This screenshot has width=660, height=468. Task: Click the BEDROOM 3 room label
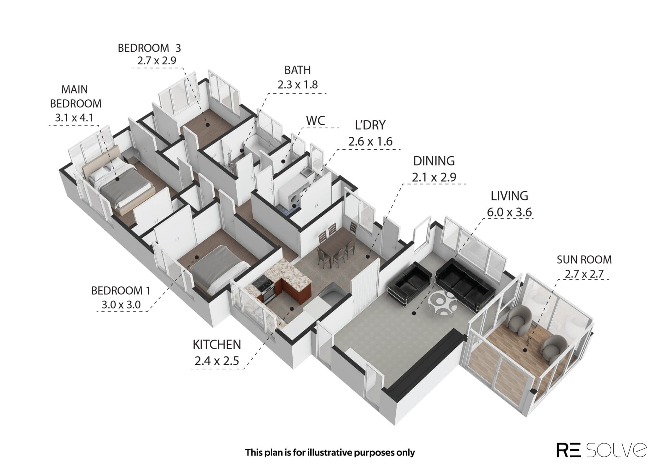(x=149, y=48)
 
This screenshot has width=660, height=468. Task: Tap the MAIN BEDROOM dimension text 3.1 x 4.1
(x=74, y=118)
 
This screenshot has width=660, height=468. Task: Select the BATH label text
(x=297, y=70)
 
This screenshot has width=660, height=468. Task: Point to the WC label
(x=315, y=121)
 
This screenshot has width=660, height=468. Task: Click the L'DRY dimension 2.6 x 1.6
(x=370, y=141)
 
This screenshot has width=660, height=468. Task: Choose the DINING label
(x=434, y=161)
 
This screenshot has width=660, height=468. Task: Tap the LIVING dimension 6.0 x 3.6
(x=509, y=212)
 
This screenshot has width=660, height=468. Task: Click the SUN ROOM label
(x=584, y=259)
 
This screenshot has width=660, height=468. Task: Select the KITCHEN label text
(x=217, y=344)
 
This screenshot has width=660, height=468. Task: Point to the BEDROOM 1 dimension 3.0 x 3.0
(x=121, y=304)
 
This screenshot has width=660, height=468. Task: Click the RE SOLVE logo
(x=601, y=450)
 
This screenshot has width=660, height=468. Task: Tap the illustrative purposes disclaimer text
(x=330, y=453)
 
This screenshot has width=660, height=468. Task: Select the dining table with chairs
(x=335, y=245)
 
